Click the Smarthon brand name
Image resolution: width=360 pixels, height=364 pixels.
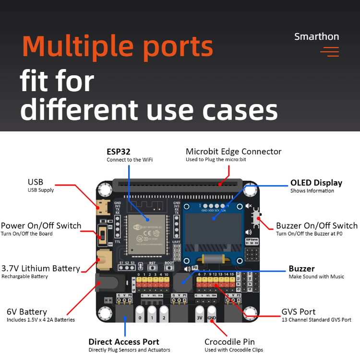point(316,36)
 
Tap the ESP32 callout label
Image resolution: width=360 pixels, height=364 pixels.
point(119,152)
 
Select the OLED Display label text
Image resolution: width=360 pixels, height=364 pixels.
point(316,183)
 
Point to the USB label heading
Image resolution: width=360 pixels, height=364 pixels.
point(36,182)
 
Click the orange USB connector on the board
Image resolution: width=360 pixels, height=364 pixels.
point(102,208)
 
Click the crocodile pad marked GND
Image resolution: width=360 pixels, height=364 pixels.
point(212,317)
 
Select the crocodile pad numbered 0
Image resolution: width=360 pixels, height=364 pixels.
point(140,317)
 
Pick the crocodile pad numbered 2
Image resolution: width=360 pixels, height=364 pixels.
point(164,317)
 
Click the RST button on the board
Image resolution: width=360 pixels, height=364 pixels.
point(152,268)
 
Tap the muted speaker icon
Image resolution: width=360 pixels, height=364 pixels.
point(248,206)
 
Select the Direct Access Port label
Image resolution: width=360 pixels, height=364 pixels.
point(124,342)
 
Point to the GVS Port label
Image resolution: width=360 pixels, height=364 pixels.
point(298,312)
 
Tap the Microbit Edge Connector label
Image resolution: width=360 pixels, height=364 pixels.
point(233,152)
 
